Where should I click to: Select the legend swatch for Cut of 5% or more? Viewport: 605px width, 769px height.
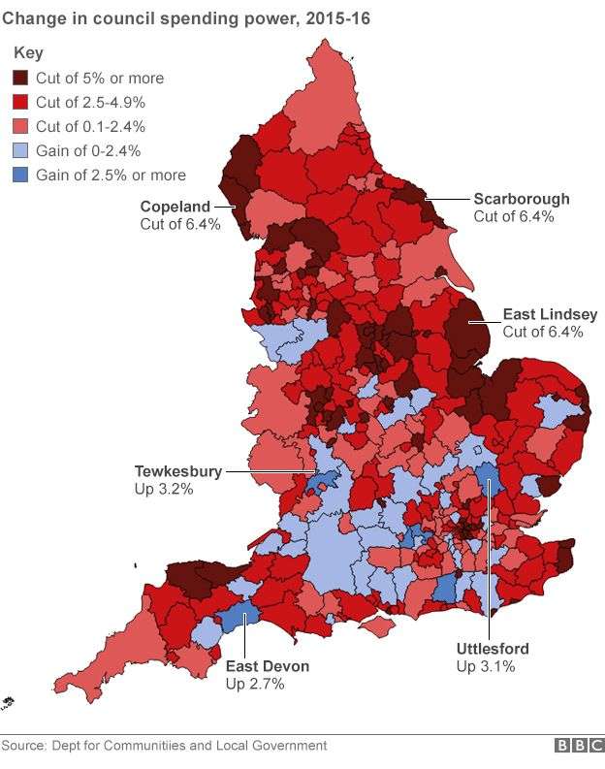21,79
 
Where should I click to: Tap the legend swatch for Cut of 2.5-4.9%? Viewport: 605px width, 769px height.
21,103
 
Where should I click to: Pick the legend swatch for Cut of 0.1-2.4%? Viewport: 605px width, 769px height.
21,127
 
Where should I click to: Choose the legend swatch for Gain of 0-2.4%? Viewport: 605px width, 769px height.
21,151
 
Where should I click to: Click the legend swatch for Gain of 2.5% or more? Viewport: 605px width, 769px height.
21,176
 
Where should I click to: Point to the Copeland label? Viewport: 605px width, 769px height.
175,207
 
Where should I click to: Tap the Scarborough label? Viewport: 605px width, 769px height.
522,200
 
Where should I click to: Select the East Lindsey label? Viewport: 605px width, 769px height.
550,315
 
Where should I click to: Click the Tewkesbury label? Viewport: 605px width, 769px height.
177,472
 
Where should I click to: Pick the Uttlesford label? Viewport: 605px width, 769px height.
493,649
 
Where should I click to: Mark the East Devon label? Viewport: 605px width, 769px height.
268,666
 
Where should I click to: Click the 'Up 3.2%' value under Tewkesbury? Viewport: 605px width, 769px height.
163,490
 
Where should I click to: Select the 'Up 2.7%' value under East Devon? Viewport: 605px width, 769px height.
254,684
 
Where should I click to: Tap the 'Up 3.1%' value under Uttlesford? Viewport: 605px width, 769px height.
485,666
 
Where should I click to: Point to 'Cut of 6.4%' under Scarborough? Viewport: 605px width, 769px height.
514,217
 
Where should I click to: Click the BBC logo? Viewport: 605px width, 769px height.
578,746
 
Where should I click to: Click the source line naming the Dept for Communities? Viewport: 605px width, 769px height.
164,746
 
